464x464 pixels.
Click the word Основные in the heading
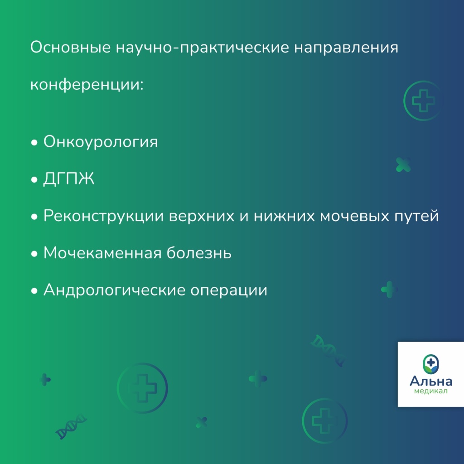point(70,47)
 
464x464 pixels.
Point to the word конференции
point(87,85)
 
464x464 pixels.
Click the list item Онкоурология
point(101,142)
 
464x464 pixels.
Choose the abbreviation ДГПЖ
point(69,179)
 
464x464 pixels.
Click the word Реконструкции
point(104,216)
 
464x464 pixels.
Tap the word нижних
point(285,216)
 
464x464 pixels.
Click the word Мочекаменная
point(102,253)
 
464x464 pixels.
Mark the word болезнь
point(199,253)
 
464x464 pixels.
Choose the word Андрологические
point(114,290)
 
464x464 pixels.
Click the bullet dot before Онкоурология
point(34,143)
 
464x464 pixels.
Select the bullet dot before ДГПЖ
point(34,179)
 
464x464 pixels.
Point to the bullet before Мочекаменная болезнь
point(34,254)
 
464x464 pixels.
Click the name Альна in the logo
point(431,381)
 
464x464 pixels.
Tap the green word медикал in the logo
point(431,391)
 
